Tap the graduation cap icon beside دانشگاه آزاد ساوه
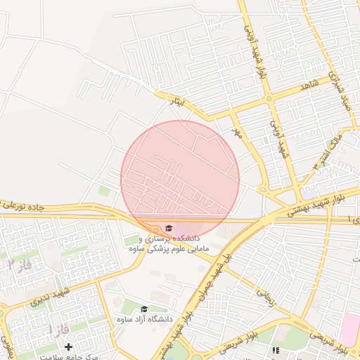coord(144,309)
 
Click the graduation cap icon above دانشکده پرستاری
coord(168,227)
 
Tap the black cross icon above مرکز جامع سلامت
coord(68,347)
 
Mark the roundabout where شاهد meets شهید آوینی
coord(269,99)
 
